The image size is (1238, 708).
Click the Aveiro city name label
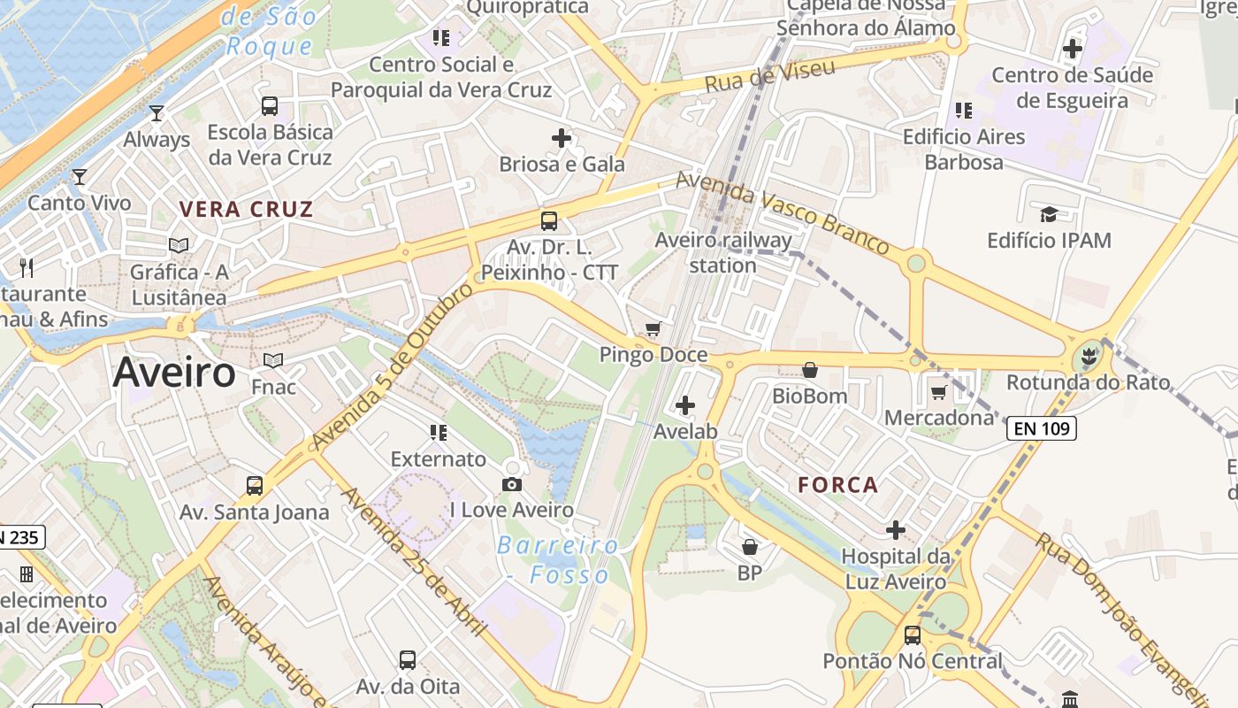[x=174, y=373]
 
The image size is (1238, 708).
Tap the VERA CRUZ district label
[x=247, y=210]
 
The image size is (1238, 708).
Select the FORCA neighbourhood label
[x=838, y=485]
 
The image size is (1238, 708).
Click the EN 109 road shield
[x=1041, y=429]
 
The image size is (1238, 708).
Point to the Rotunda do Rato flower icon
[x=1089, y=357]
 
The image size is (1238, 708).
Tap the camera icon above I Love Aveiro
[x=511, y=484]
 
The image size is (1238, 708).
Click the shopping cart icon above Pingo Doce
[x=653, y=329]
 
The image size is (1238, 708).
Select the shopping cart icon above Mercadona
[x=938, y=391]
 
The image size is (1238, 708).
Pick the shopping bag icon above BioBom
[x=809, y=370]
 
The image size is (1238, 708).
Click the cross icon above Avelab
[x=684, y=406]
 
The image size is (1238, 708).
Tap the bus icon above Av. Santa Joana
[x=255, y=486]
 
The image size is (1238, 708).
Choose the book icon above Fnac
[x=273, y=360]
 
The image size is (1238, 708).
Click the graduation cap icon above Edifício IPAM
[x=1049, y=214]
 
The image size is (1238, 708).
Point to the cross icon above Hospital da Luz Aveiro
[x=896, y=530]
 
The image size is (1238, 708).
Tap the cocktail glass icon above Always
[x=157, y=113]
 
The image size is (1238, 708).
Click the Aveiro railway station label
[x=723, y=252]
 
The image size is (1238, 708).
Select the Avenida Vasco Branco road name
[x=782, y=212]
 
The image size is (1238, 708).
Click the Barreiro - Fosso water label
[x=557, y=560]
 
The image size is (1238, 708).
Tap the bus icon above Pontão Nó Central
[x=913, y=635]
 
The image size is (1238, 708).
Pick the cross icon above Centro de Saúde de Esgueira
[x=1073, y=49]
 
